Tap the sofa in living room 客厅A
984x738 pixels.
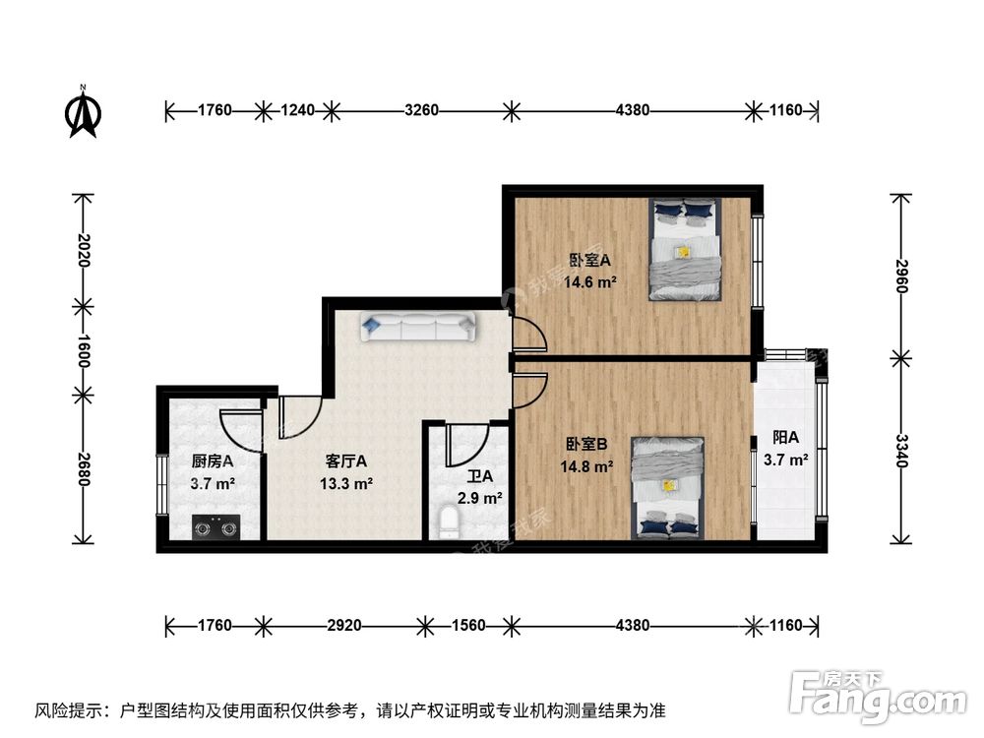tap(418, 327)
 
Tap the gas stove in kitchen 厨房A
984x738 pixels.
tap(215, 528)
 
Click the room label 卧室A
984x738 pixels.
tap(590, 261)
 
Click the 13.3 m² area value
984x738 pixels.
tap(345, 483)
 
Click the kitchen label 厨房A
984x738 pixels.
tap(212, 460)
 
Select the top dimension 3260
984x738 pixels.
tap(421, 110)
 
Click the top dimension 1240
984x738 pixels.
tap(297, 110)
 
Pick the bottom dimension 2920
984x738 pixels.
tap(344, 625)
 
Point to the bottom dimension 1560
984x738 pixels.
tap(467, 625)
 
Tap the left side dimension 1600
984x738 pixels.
tap(83, 349)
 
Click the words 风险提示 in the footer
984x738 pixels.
tap(70, 709)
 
